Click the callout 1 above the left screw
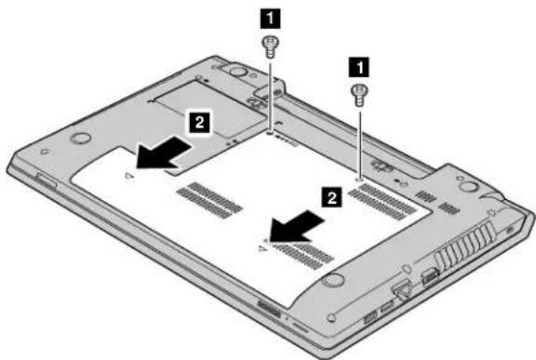tap(270, 19)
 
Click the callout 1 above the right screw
tap(358, 67)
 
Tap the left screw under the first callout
tap(270, 47)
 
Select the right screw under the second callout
tap(359, 95)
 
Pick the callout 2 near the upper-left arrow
tap(200, 122)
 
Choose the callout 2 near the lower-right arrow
tap(331, 197)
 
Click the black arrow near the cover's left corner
tap(163, 153)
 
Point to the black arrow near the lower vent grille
tap(296, 226)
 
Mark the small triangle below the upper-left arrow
tap(128, 176)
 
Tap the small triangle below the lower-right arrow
tap(262, 248)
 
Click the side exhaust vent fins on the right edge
tap(465, 243)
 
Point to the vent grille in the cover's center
tap(210, 200)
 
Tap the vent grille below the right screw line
tap(382, 201)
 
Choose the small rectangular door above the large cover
tap(210, 109)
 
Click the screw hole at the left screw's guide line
tap(270, 131)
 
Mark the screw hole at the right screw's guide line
tap(359, 179)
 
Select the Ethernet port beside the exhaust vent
tap(429, 275)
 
